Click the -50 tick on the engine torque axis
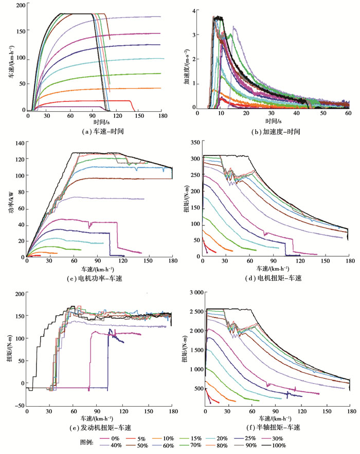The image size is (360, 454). point(20,406)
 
